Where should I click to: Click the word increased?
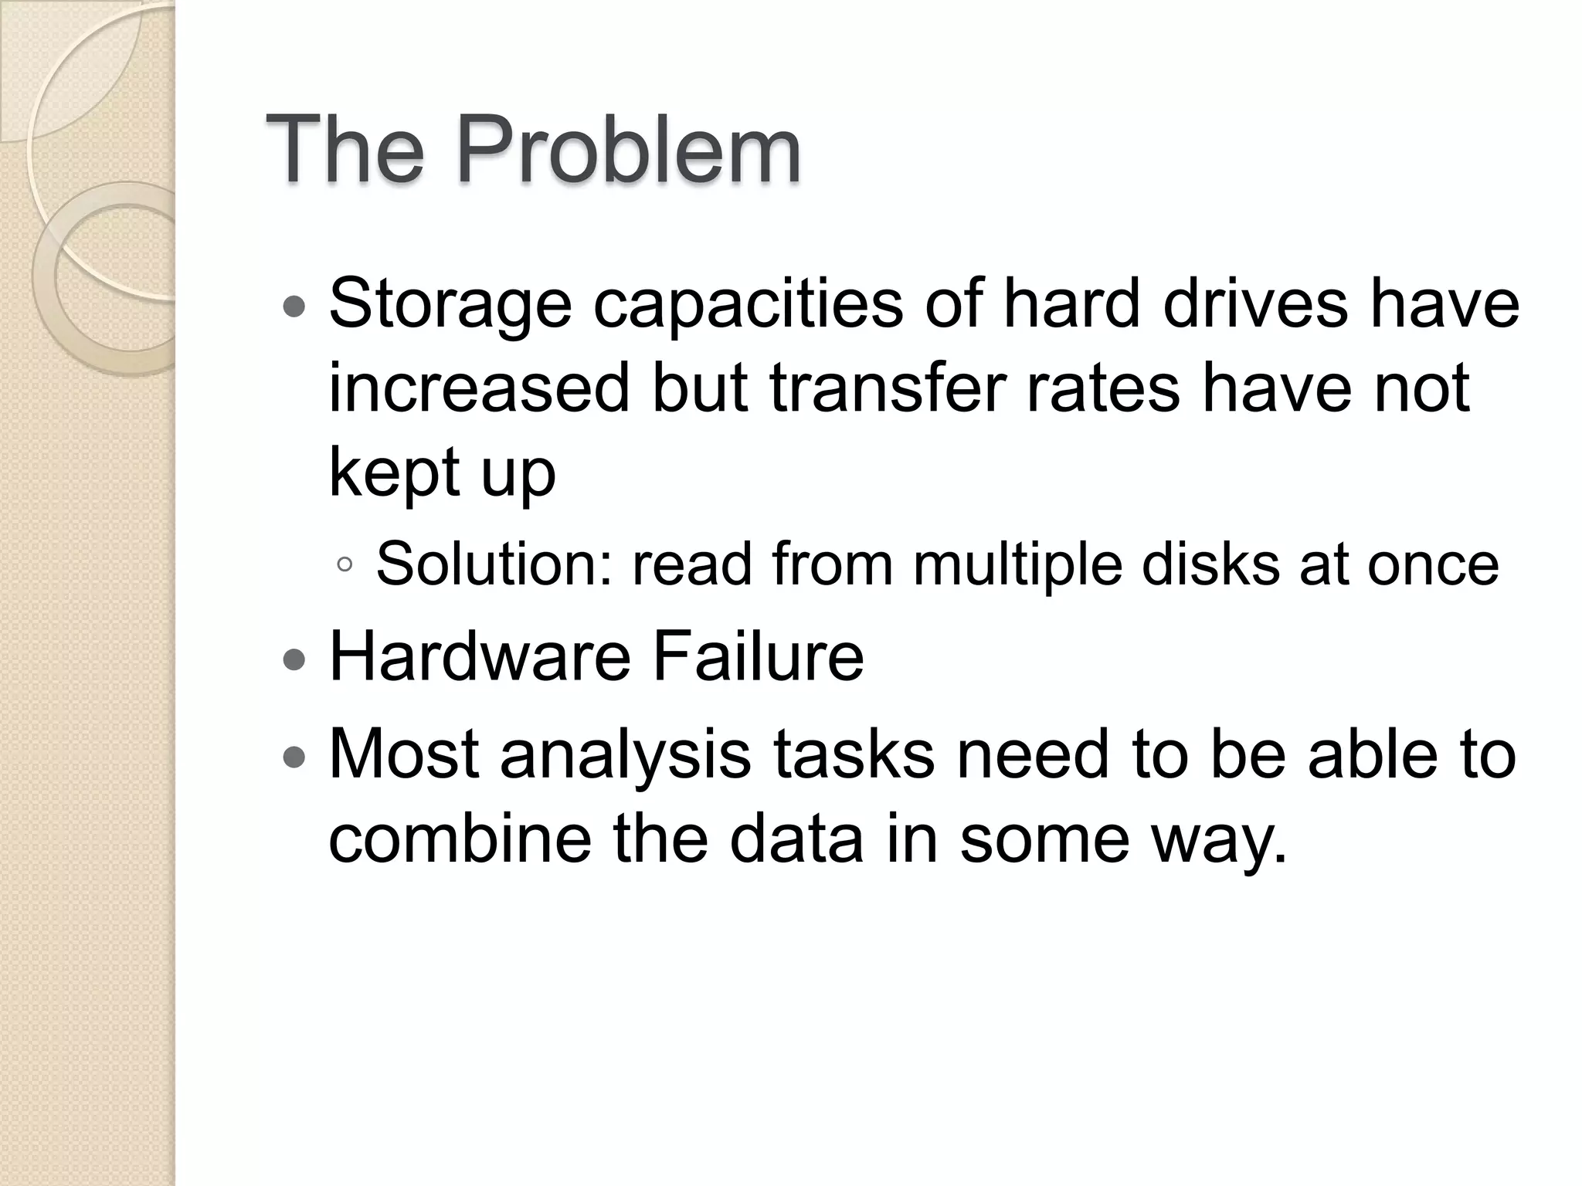pyautogui.click(x=479, y=388)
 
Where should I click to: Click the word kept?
pyautogui.click(x=393, y=473)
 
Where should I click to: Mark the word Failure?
pyautogui.click(x=758, y=656)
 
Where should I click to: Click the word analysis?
pyautogui.click(x=625, y=755)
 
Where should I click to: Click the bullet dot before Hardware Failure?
pyautogui.click(x=294, y=659)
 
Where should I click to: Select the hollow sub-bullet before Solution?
pyautogui.click(x=345, y=565)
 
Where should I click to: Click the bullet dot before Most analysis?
pyautogui.click(x=294, y=757)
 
